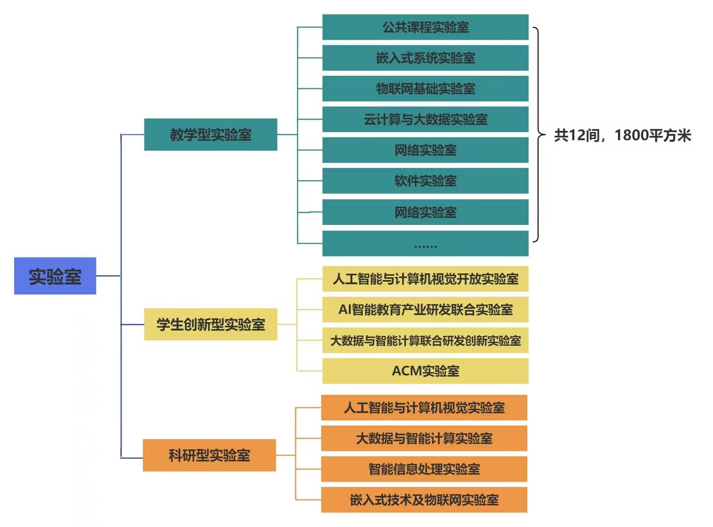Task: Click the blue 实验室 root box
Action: point(55,276)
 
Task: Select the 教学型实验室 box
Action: point(211,135)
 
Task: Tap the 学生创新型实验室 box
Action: point(211,325)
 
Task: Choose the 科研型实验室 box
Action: point(209,455)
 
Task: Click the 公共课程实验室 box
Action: point(425,27)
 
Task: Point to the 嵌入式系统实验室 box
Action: point(425,58)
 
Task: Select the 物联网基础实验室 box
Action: point(425,89)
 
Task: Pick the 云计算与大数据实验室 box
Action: point(425,119)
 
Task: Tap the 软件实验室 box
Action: point(425,181)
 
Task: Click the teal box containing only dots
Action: point(425,243)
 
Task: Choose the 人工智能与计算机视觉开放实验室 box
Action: point(425,279)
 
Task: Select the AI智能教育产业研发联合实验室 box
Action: point(425,310)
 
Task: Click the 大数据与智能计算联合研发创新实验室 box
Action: point(425,340)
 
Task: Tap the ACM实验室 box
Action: point(425,371)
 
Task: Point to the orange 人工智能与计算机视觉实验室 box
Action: point(424,408)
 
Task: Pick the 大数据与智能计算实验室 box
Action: point(424,438)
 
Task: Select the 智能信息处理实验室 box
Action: point(424,469)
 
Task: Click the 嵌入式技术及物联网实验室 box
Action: point(424,500)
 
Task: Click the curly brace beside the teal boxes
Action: point(538,135)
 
